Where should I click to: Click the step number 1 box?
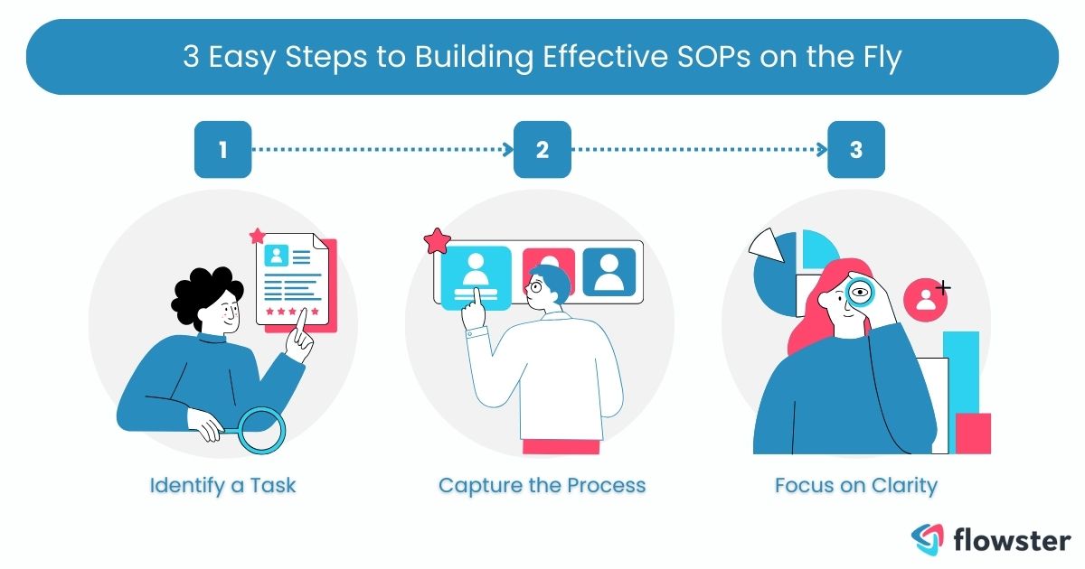[x=222, y=149]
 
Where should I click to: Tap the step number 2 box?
[x=542, y=149]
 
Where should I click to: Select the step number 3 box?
[x=856, y=149]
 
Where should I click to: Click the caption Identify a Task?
[x=222, y=485]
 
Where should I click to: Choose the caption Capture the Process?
[x=542, y=485]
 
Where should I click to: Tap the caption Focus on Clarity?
[x=855, y=485]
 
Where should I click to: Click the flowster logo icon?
[x=928, y=539]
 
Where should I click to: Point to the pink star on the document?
[x=258, y=237]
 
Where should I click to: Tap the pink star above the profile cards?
[x=438, y=242]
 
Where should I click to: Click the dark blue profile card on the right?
[x=609, y=271]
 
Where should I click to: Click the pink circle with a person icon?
[x=925, y=299]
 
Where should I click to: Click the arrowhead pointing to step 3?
[x=824, y=149]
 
